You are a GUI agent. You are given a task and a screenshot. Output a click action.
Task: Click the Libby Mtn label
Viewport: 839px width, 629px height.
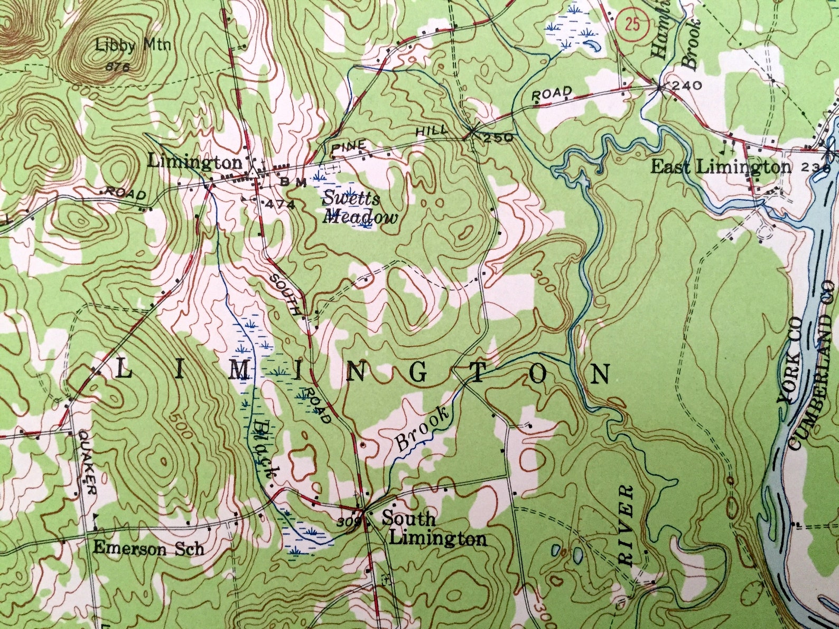[x=133, y=45]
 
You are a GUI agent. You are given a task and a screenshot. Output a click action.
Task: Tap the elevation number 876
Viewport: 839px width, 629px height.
[x=117, y=67]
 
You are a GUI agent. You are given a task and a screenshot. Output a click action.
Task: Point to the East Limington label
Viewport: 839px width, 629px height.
[x=721, y=167]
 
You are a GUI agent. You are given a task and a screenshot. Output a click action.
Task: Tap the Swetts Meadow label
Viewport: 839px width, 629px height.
[x=360, y=208]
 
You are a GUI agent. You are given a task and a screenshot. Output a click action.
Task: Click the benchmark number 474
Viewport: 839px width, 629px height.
[x=280, y=204]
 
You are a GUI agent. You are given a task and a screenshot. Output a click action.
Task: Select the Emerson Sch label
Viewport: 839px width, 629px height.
[x=148, y=548]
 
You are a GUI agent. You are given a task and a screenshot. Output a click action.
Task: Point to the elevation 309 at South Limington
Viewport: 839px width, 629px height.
[x=348, y=522]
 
